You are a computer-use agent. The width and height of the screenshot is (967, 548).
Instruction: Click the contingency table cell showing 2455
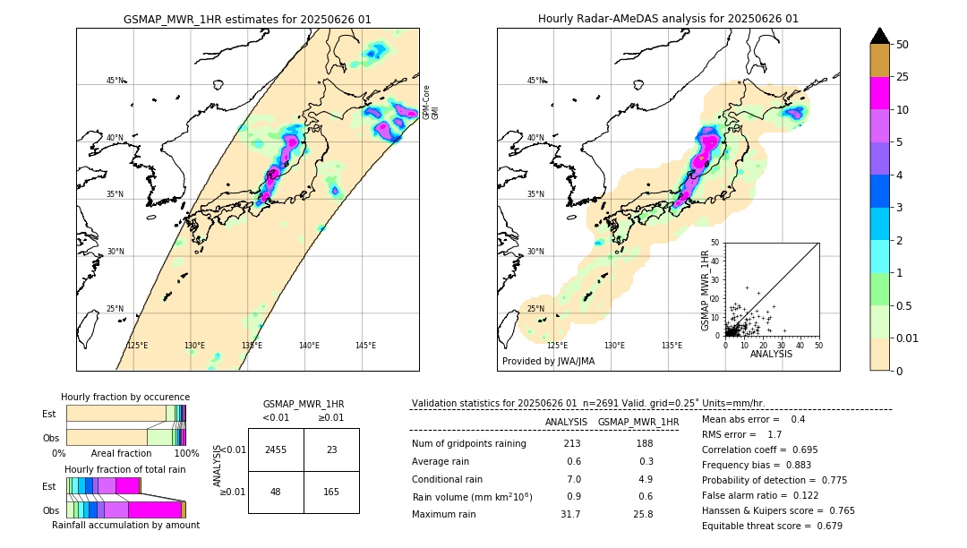pyautogui.click(x=276, y=450)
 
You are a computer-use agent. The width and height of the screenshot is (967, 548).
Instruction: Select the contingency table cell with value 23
pyautogui.click(x=331, y=450)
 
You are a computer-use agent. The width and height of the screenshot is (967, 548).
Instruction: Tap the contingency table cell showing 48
pyautogui.click(x=276, y=492)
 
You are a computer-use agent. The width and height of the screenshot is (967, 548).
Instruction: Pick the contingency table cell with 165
pyautogui.click(x=331, y=492)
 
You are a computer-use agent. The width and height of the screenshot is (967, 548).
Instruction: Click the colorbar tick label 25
pyautogui.click(x=903, y=78)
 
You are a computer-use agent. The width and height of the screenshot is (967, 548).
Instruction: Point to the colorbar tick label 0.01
pyautogui.click(x=908, y=338)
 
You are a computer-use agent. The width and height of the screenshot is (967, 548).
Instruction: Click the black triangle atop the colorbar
pyautogui.click(x=880, y=36)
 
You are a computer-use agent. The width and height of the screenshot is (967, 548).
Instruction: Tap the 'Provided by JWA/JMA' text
pyautogui.click(x=548, y=362)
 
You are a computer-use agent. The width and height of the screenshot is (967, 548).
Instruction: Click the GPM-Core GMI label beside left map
pyautogui.click(x=431, y=102)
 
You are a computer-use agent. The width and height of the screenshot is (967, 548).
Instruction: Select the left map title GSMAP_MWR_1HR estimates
pyautogui.click(x=247, y=19)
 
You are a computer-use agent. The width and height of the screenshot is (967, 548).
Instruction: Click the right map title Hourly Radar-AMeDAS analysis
pyautogui.click(x=668, y=19)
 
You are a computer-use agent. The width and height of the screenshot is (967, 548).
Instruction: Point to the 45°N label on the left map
pyautogui.click(x=116, y=81)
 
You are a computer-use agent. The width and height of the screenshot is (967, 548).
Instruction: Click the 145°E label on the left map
pyautogui.click(x=365, y=346)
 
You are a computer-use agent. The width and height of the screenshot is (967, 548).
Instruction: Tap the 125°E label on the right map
pyautogui.click(x=557, y=346)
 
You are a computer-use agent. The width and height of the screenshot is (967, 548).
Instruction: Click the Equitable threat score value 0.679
pyautogui.click(x=822, y=526)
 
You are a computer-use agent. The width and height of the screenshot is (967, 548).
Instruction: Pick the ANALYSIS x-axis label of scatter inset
pyautogui.click(x=770, y=354)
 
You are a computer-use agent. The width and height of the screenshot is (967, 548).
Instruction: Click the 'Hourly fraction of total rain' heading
pyautogui.click(x=125, y=469)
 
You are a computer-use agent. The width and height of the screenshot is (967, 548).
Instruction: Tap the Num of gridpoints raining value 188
pyautogui.click(x=644, y=444)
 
